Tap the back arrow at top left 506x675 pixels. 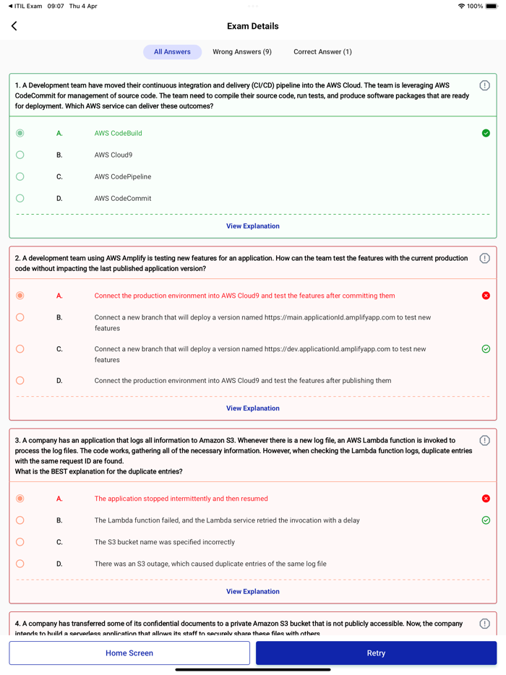click(x=14, y=26)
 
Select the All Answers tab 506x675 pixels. click(x=172, y=52)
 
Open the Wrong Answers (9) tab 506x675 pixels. click(x=242, y=52)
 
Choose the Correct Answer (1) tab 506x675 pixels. click(x=322, y=52)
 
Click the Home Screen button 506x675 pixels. click(x=129, y=653)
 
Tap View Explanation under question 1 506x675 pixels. click(x=253, y=226)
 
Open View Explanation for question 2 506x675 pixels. click(x=253, y=408)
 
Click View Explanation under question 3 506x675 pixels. click(x=253, y=591)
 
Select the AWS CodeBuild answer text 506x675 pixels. click(x=118, y=133)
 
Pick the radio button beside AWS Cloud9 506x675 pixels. click(x=20, y=155)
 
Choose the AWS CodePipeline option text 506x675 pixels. click(x=123, y=176)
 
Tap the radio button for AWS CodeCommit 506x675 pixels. click(x=20, y=198)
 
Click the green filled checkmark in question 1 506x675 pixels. click(x=486, y=133)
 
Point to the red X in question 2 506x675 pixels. click(x=486, y=296)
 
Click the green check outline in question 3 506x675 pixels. click(x=486, y=520)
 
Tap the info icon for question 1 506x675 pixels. click(x=484, y=85)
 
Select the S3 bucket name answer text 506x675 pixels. click(x=164, y=542)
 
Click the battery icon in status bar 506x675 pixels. click(x=492, y=6)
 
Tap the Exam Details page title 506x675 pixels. click(x=253, y=26)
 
